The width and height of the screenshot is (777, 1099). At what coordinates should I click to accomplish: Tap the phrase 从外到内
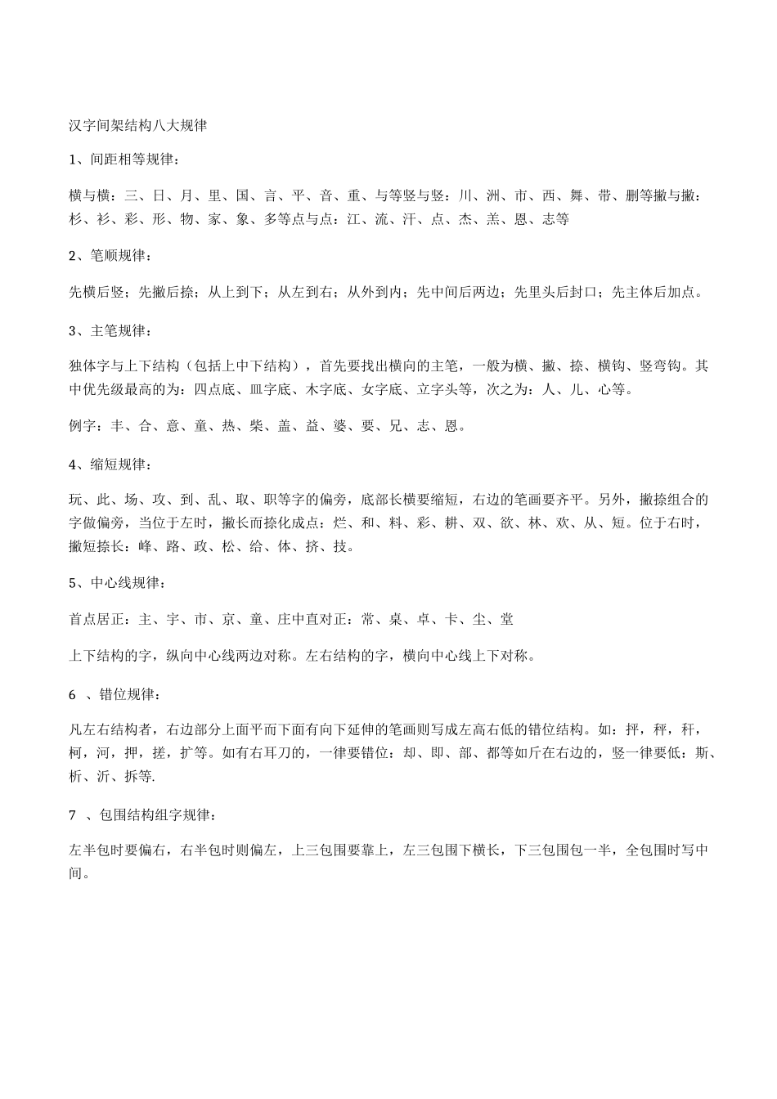375,292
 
